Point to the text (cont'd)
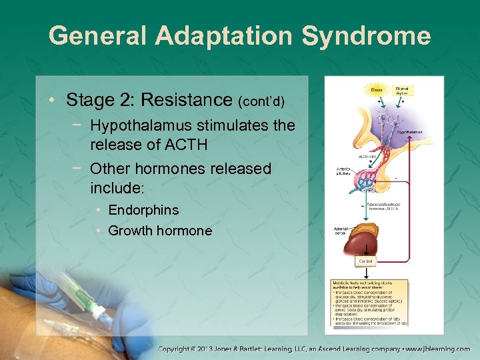(x=261, y=102)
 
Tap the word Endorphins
(x=143, y=210)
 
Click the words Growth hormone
(x=160, y=231)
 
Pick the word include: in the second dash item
(x=117, y=187)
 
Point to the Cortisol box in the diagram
(x=366, y=261)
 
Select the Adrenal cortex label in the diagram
(x=341, y=231)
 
